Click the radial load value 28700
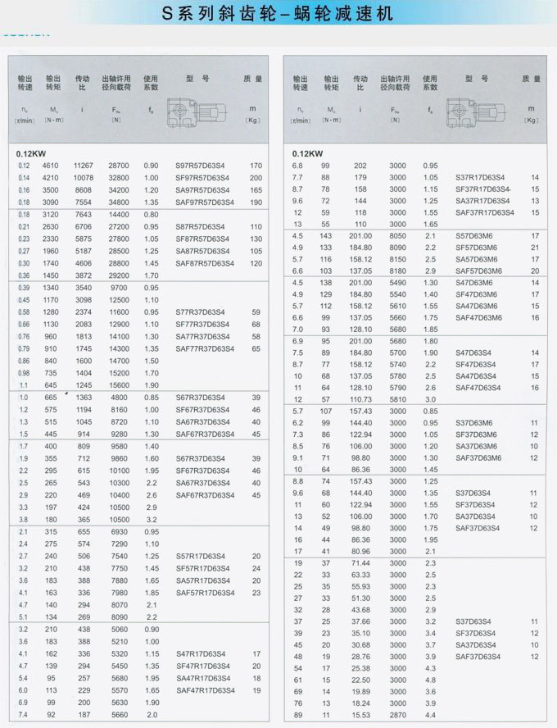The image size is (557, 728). (x=119, y=166)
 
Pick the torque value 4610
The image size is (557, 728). (x=52, y=166)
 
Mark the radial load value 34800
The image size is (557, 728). (x=119, y=202)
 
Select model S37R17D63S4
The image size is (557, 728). (x=481, y=177)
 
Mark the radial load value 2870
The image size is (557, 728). (x=397, y=717)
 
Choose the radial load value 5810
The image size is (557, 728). (x=397, y=399)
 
